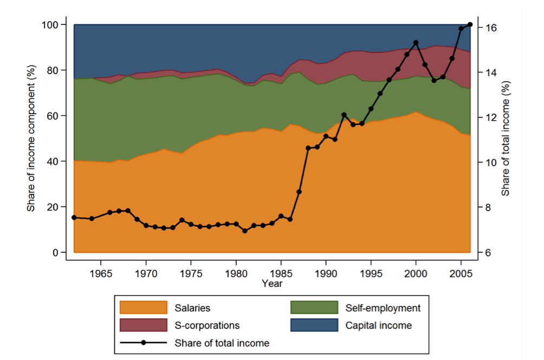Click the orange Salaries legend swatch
[144, 308]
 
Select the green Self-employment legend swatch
[314, 308]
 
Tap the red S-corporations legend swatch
[144, 325]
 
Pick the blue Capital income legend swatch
[314, 325]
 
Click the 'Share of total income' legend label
[222, 343]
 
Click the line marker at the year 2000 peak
[416, 42]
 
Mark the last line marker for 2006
[470, 24]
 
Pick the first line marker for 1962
[74, 218]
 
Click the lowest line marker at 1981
[244, 231]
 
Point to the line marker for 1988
[308, 148]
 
